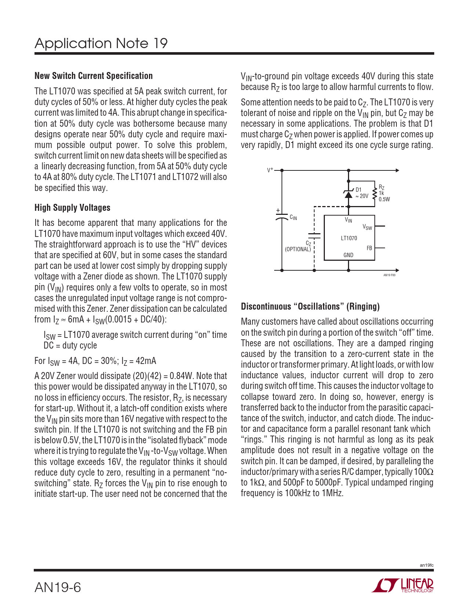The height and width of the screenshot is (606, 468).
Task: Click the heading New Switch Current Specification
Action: coord(94,76)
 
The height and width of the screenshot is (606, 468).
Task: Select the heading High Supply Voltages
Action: coord(72,208)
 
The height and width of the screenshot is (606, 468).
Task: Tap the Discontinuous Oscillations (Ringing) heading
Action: coord(310,307)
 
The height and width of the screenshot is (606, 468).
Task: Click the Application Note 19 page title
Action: coord(101,43)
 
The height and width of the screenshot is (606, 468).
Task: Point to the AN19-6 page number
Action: coord(58,587)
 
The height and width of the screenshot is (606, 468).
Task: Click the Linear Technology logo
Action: coord(403,585)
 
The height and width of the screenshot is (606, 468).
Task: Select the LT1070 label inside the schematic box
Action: coord(349,238)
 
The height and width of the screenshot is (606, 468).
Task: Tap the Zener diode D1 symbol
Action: coord(348,194)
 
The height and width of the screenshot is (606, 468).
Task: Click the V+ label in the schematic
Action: coord(270,170)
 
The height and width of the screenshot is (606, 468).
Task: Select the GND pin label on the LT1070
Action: coord(348,255)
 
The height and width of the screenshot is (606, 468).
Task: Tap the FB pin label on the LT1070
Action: coord(369,248)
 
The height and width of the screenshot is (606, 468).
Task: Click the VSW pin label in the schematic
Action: coord(367,227)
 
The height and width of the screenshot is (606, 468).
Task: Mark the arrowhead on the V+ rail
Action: coord(397,170)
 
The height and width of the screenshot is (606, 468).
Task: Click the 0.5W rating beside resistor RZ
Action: coord(384,199)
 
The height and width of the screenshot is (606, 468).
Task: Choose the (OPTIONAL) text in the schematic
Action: coord(298,249)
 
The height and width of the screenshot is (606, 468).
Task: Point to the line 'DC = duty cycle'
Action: coord(70,346)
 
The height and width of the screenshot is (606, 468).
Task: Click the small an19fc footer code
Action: coord(427,565)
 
